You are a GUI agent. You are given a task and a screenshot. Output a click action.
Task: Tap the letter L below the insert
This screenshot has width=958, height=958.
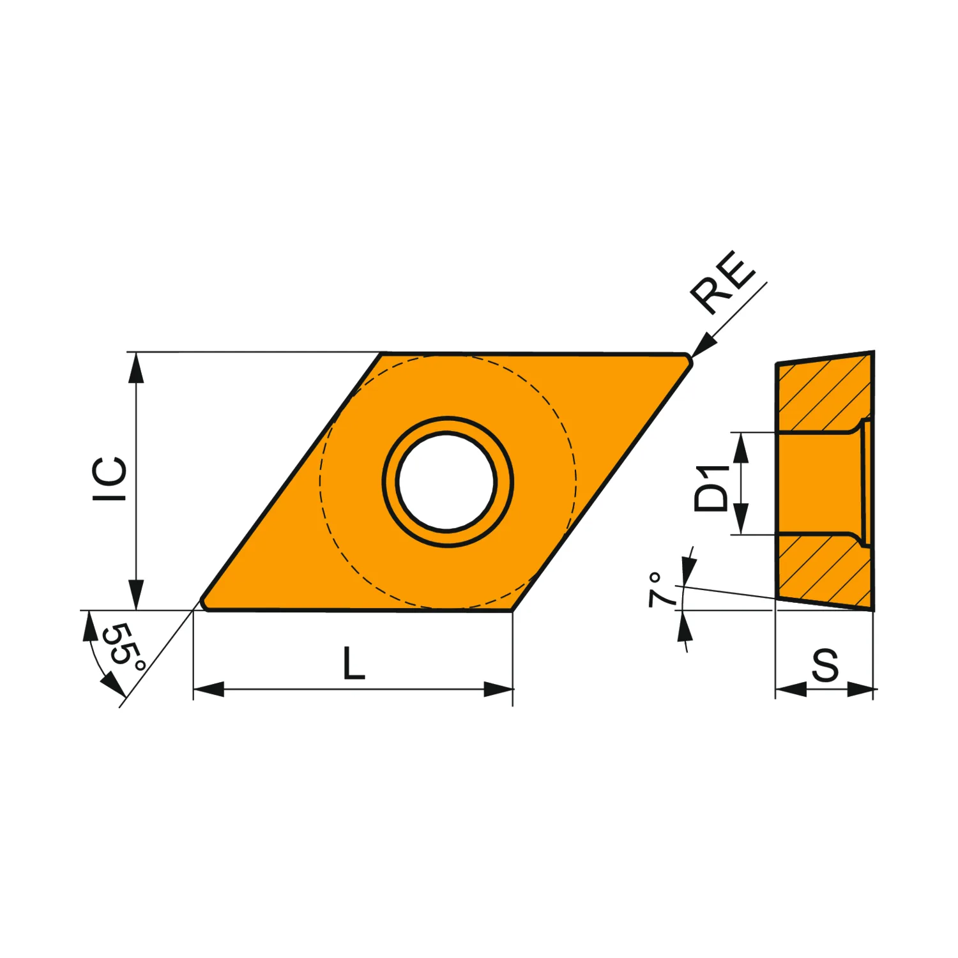pyautogui.click(x=354, y=663)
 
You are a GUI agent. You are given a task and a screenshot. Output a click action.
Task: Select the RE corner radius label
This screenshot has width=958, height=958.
pyautogui.click(x=723, y=282)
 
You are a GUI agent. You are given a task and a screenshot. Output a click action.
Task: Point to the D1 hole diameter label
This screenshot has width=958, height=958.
pyautogui.click(x=712, y=489)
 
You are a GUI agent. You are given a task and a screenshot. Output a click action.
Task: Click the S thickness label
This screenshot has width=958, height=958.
pyautogui.click(x=825, y=665)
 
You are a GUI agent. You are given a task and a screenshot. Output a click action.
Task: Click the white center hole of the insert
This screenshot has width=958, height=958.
pyautogui.click(x=446, y=482)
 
